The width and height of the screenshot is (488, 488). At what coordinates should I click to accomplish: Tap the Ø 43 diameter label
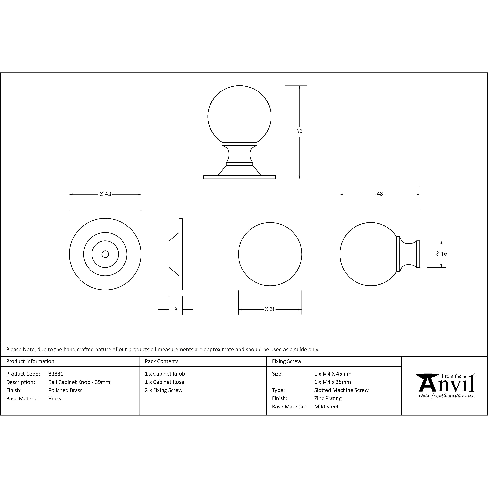tap(105, 194)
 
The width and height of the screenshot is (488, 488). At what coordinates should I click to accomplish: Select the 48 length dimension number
tap(380, 194)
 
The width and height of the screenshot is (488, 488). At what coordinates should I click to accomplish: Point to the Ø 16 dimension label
tap(441, 254)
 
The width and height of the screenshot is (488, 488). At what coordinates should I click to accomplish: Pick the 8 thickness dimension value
tap(176, 309)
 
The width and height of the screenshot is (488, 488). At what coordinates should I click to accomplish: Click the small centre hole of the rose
tap(105, 254)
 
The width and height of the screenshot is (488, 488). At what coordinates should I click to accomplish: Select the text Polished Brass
tap(65, 390)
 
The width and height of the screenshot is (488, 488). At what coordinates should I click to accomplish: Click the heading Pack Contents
tap(162, 361)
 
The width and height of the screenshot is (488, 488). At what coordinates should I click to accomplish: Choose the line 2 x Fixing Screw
tap(164, 390)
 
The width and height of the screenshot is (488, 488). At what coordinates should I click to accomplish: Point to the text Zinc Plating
tap(328, 398)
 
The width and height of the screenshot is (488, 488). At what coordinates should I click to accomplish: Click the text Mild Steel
tap(326, 407)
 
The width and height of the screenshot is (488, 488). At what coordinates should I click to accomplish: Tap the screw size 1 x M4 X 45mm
tap(333, 374)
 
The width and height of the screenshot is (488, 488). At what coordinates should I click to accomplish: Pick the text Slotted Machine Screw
tap(341, 390)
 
